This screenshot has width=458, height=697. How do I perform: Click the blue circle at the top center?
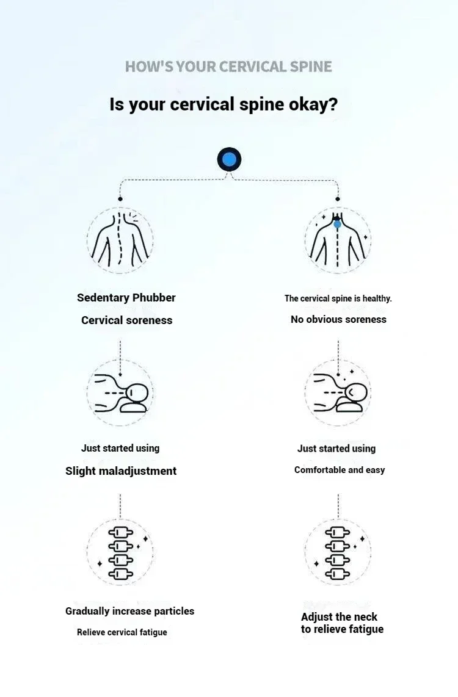[x=229, y=160]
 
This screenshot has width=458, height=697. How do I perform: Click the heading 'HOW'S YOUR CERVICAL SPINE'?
[x=228, y=67]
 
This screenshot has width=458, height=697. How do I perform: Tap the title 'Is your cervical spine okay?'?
[x=224, y=104]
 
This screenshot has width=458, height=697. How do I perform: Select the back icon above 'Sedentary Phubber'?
[x=120, y=240]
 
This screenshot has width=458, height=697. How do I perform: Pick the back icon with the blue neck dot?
[x=338, y=240]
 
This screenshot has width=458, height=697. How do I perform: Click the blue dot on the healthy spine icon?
[x=337, y=224]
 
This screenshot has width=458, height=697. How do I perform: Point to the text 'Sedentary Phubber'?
[x=126, y=298]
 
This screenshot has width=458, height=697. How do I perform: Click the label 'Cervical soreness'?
[x=127, y=320]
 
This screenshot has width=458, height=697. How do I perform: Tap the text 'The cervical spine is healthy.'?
[x=338, y=298]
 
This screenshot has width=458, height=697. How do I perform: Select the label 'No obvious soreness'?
[x=338, y=319]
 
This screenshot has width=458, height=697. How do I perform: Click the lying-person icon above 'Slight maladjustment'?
[x=120, y=392]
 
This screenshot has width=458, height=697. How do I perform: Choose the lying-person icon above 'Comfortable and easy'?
[x=338, y=392]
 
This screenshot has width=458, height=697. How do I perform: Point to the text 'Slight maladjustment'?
[x=121, y=471]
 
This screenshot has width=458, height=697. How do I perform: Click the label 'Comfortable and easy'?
[x=340, y=470]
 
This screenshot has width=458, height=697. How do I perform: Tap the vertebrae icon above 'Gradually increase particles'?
[x=120, y=552]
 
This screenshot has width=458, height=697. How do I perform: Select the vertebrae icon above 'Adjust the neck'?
[x=338, y=552]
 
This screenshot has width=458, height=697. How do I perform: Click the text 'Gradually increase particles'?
[x=130, y=611]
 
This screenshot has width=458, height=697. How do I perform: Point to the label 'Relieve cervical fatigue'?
[x=122, y=632]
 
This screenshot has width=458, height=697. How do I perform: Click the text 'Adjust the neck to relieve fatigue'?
[x=342, y=623]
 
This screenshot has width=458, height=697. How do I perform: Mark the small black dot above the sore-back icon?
[x=120, y=199]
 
